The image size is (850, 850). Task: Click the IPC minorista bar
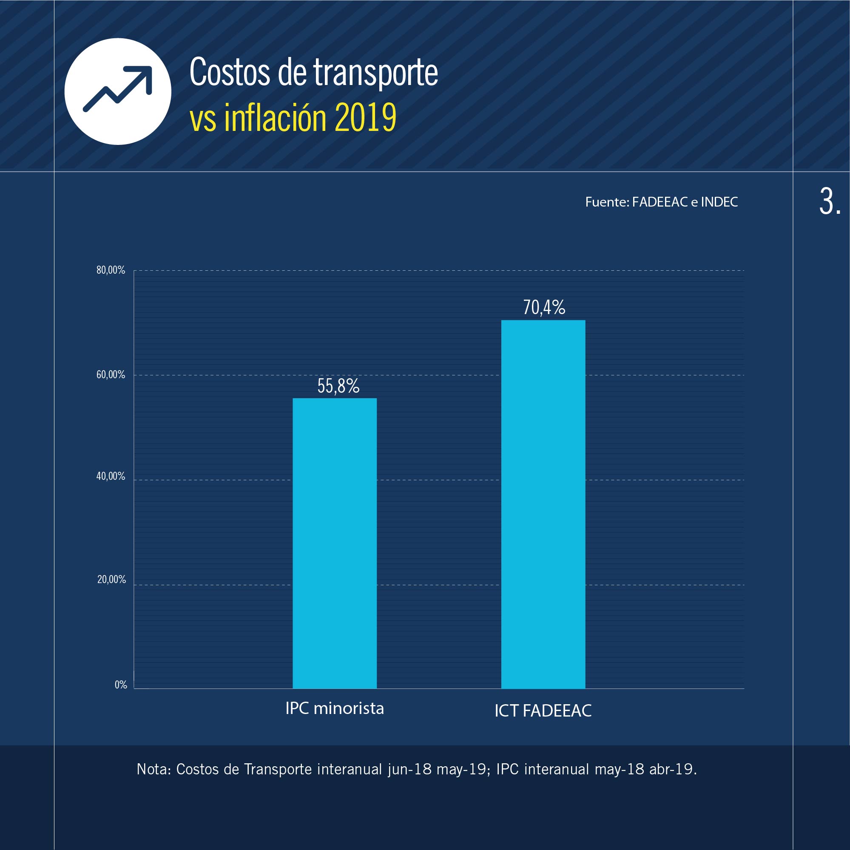tap(335, 543)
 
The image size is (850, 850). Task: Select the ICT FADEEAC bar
tap(543, 504)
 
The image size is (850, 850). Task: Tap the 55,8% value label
tap(338, 386)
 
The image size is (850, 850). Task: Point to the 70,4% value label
tap(543, 308)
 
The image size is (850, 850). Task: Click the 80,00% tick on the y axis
tap(111, 270)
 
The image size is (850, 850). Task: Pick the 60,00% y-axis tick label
tap(111, 375)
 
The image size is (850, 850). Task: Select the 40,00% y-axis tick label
tap(111, 476)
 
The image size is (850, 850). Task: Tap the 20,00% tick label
tap(111, 579)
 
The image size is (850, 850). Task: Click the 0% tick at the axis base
tap(121, 685)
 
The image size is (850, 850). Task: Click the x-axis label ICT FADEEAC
tap(543, 711)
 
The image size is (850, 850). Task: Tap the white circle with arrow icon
tap(117, 91)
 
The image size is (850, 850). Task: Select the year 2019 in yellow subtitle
tap(365, 118)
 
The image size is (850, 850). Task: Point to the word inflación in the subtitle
tap(275, 118)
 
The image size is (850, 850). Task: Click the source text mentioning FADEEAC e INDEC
tap(661, 202)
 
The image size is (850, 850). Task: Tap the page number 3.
tap(829, 202)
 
